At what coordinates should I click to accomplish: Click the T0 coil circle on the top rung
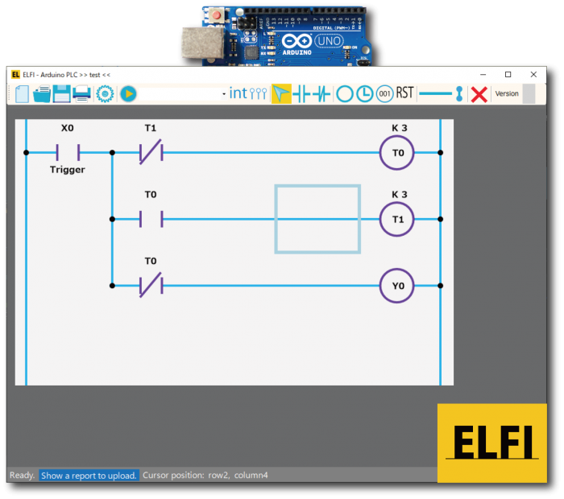pos(398,152)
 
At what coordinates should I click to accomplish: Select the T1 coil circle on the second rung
pos(398,218)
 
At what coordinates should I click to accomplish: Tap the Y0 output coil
pos(398,285)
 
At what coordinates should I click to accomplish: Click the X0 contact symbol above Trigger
pos(68,152)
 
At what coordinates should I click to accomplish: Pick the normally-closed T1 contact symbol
pos(151,152)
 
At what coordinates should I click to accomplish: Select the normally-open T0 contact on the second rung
pos(151,218)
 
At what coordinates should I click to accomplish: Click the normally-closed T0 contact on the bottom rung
pos(151,285)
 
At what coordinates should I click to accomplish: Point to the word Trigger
pos(67,170)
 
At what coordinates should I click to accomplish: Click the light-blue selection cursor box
pos(317,218)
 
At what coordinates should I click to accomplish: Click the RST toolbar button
pos(404,93)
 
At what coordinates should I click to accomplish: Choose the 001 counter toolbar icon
pos(384,93)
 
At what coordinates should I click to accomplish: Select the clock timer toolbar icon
pos(365,93)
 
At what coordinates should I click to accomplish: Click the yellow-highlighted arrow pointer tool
pos(281,93)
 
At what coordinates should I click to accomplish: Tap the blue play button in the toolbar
pos(128,93)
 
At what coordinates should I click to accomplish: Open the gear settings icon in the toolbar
pos(105,93)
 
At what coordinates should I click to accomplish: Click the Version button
pos(507,93)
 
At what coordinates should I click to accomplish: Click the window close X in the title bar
pos(533,74)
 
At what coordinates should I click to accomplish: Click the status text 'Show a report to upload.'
pos(89,476)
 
